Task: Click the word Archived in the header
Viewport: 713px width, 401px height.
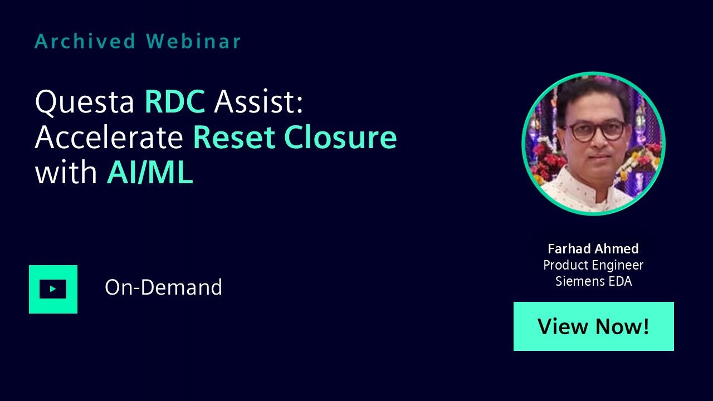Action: point(85,41)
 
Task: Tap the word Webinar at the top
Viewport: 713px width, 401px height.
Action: point(193,41)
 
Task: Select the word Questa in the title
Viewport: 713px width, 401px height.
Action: point(85,102)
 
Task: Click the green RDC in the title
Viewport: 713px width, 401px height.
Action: point(175,101)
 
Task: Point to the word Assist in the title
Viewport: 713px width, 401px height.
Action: point(258,101)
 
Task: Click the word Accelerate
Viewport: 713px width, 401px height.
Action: point(109,137)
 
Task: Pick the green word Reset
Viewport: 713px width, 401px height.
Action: point(234,137)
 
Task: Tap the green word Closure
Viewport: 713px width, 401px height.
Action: point(340,137)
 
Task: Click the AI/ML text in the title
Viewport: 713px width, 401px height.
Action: point(150,172)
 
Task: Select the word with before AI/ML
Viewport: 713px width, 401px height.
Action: point(66,172)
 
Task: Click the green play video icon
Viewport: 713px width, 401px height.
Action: point(53,289)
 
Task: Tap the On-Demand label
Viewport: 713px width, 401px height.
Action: point(163,287)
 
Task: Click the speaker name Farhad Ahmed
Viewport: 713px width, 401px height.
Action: point(593,249)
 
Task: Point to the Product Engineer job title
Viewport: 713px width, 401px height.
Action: point(593,265)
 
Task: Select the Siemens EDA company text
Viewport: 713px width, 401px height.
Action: point(594,281)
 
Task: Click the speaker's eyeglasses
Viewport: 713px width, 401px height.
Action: point(597,131)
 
